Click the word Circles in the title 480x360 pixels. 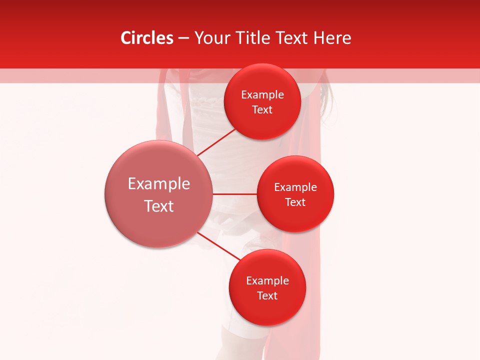[146, 38]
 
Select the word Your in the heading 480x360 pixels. [211, 38]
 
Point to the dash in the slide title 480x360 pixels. [183, 38]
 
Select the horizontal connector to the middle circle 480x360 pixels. [234, 193]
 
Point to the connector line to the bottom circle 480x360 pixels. [218, 246]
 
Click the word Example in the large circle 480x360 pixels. [159, 184]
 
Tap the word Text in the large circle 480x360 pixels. [159, 206]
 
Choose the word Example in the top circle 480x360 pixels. [262, 94]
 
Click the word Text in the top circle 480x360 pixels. [262, 109]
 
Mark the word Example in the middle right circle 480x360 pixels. [295, 187]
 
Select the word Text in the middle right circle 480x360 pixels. [295, 202]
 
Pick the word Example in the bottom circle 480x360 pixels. [267, 280]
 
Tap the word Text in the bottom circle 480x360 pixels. [267, 295]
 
